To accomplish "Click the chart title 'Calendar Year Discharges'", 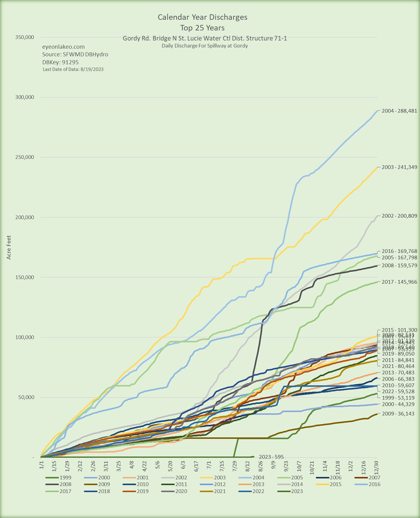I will [202, 17].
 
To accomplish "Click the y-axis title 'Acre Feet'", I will [9, 247].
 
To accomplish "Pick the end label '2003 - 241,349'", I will [397, 167].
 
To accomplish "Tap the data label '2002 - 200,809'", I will [397, 216].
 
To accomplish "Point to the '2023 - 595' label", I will [271, 457].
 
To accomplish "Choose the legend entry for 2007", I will [371, 478].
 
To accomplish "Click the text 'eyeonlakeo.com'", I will [63, 47].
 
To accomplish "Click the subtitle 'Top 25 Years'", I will [202, 27].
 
